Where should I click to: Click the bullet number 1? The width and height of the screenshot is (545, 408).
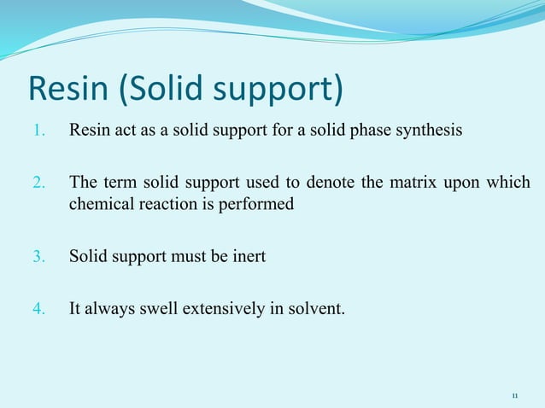(38, 131)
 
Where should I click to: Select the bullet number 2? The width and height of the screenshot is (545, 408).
(38, 183)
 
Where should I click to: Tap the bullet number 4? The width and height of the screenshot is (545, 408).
(38, 308)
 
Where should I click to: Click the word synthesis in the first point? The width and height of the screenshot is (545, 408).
(431, 131)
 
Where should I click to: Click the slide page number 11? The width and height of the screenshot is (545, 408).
(514, 396)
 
